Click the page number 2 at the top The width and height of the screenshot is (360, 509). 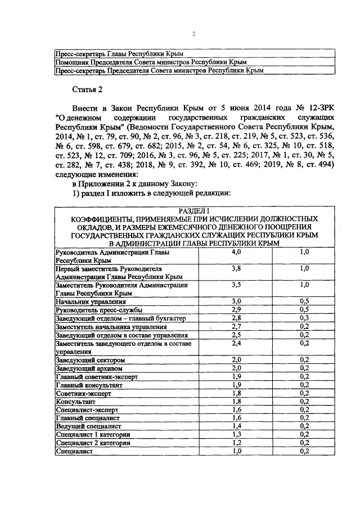pos(193,34)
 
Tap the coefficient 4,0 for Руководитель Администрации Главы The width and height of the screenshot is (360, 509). pos(236,253)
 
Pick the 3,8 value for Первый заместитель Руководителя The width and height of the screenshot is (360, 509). pos(236,269)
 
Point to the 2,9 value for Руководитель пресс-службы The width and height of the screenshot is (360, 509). pos(236,310)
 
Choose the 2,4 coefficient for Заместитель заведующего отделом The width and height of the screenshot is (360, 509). pos(236,343)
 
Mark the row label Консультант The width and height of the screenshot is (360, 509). pos(74,402)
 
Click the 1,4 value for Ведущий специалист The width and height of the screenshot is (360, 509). pos(236,427)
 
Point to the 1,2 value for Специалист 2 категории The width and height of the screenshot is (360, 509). pos(236,443)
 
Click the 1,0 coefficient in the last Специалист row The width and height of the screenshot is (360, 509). pos(236,452)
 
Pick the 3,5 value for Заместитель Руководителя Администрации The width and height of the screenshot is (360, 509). pos(236,285)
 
